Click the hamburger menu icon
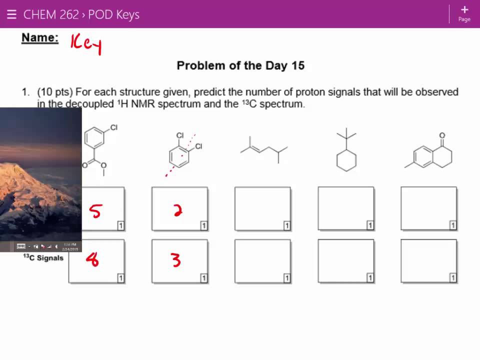11,14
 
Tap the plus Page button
464,13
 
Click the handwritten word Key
86,44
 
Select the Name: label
40,38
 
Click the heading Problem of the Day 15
240,65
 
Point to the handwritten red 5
94,211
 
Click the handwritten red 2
177,211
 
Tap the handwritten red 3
176,259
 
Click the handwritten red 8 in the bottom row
92,259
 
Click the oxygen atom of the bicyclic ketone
442,135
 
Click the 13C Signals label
43,258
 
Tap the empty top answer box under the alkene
262,208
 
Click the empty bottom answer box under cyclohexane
345,261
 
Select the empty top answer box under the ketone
428,208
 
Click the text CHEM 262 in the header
51,14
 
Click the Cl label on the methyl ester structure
114,128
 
